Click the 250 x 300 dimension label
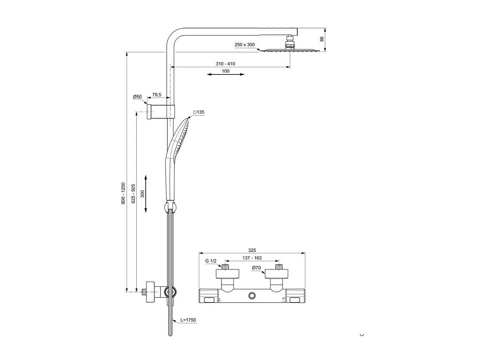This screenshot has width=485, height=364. (244, 45)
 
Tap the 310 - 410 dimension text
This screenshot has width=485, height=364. (225, 64)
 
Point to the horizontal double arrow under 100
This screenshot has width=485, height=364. (226, 74)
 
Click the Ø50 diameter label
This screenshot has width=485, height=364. (137, 97)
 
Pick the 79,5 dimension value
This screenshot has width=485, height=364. (157, 95)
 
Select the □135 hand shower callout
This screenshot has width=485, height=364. (199, 112)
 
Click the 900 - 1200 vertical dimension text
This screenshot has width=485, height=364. (123, 193)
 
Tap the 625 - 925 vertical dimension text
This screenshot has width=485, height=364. (133, 193)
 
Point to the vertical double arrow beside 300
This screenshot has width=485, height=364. (146, 193)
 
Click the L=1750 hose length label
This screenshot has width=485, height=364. (189, 320)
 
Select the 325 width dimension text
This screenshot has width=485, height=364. (252, 251)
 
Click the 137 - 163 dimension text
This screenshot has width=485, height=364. (252, 258)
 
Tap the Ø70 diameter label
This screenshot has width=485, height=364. (257, 268)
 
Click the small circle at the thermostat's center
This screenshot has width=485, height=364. (252, 296)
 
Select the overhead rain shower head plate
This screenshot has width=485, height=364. (289, 50)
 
